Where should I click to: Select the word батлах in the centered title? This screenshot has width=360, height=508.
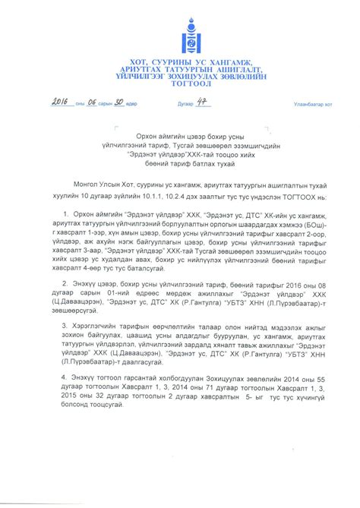(x=198, y=165)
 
